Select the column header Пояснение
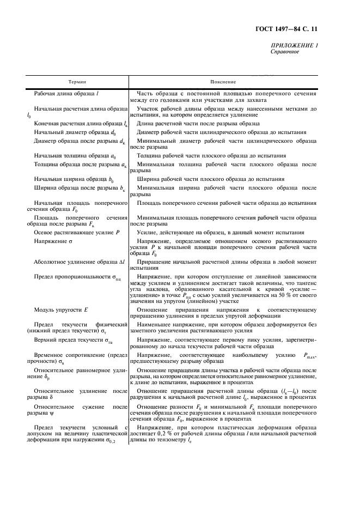coord(223,80)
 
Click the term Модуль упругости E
coord(61,309)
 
